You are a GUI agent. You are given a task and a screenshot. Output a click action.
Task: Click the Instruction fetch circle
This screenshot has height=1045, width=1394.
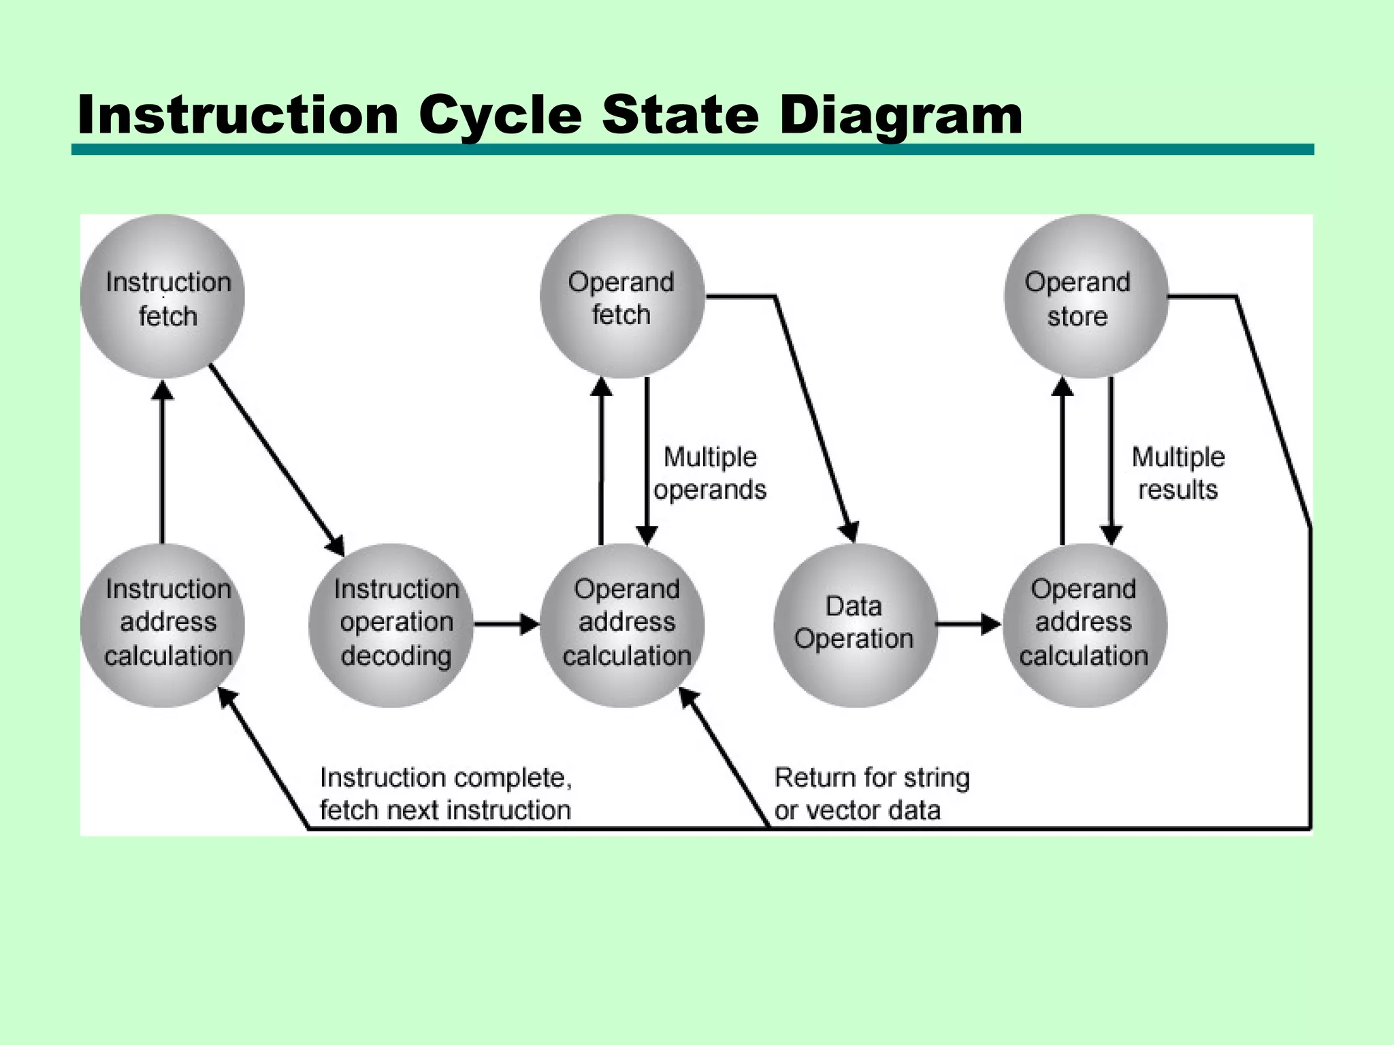(162, 297)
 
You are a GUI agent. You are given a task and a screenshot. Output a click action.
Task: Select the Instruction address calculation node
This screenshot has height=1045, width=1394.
(162, 625)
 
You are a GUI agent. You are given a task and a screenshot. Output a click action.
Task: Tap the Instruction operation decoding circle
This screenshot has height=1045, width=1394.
(391, 625)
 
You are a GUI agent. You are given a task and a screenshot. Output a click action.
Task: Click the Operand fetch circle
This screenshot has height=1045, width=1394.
(621, 297)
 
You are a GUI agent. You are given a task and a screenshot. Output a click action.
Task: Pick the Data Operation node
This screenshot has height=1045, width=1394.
(855, 625)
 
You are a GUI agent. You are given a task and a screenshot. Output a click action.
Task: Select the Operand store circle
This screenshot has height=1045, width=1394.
(1086, 297)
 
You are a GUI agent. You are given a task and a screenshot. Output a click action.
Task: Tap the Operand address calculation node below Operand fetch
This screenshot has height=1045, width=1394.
(621, 625)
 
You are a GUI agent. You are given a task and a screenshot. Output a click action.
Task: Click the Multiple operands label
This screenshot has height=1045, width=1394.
(710, 473)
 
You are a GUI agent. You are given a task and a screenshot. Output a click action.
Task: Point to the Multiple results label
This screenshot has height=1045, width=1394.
(1178, 473)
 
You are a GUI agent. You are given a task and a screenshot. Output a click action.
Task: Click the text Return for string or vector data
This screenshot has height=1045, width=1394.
(871, 794)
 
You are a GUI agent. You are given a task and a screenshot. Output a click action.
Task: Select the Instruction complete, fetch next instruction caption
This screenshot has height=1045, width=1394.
(446, 794)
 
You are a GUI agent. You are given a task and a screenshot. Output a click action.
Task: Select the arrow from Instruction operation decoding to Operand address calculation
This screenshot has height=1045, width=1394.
(505, 624)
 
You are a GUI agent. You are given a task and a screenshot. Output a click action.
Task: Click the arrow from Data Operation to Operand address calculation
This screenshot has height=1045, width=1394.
(967, 624)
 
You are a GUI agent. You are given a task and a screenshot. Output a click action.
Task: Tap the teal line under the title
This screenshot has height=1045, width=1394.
(692, 150)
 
